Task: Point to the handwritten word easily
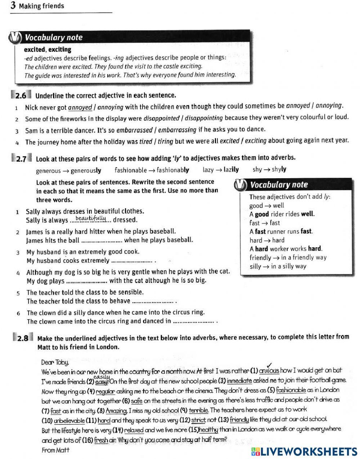(101, 376)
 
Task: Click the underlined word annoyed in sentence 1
(80, 107)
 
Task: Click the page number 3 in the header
(13, 5)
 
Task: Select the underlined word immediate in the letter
(239, 381)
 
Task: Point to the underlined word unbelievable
(69, 420)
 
